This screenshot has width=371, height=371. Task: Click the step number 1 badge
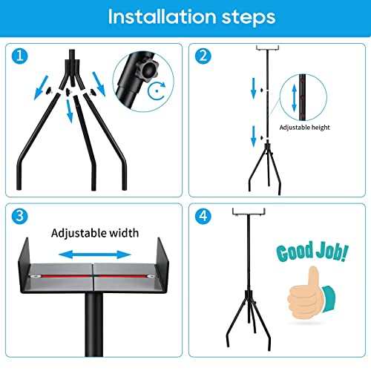pos(20,55)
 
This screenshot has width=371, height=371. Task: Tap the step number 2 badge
pos(202,55)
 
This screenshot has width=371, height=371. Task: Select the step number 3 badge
pos(20,217)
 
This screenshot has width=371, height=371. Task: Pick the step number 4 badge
pos(202,217)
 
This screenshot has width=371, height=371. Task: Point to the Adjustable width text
pos(95,233)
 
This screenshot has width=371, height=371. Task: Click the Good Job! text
pos(312,253)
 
